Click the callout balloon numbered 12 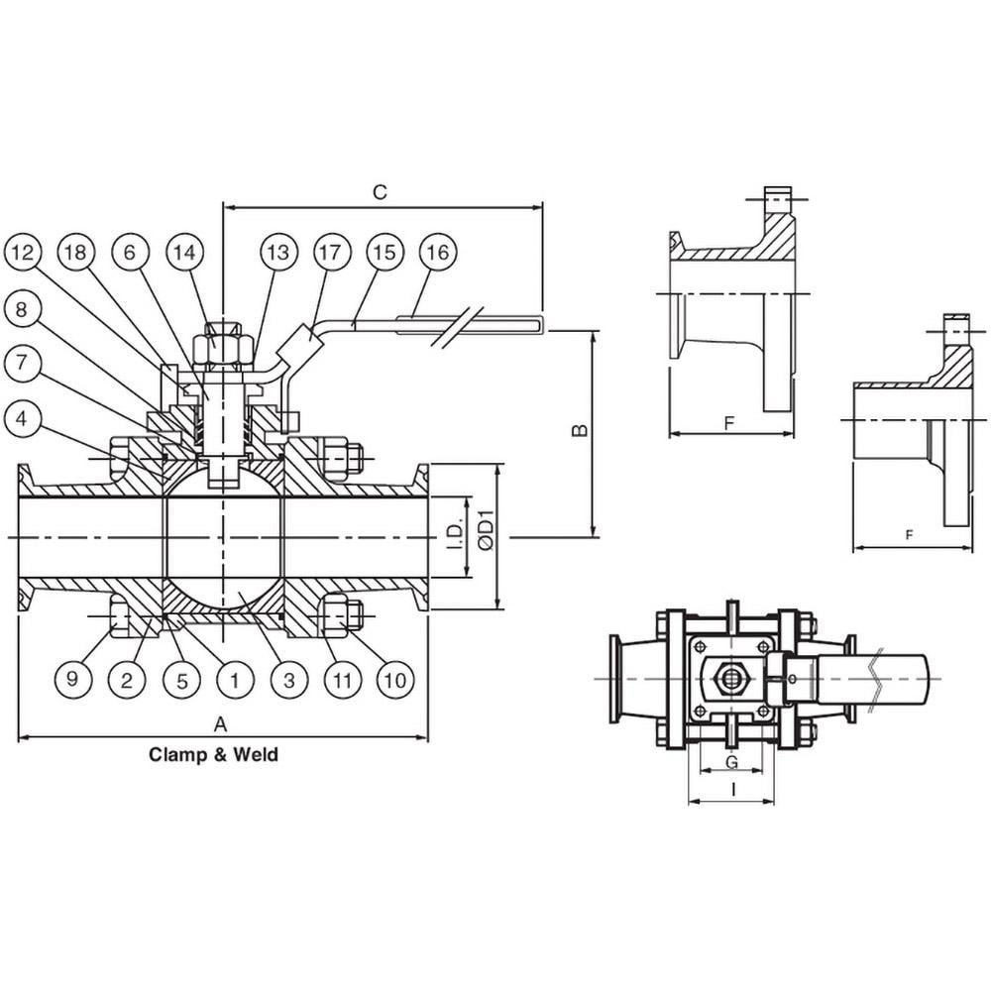coord(22,253)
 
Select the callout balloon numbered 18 coord(76,253)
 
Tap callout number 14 coord(185,253)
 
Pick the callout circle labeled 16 coord(438,253)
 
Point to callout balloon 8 coord(22,309)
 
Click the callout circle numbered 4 coord(22,418)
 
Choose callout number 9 coord(72,680)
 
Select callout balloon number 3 coord(289,680)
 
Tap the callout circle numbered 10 coord(395,680)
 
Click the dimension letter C coord(380,191)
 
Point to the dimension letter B coord(580,430)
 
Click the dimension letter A coord(220,723)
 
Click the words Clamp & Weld coord(214,754)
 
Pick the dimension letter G coord(732,761)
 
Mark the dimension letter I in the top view coord(733,790)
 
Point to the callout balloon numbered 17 coord(330,253)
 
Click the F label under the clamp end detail coord(729,423)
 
